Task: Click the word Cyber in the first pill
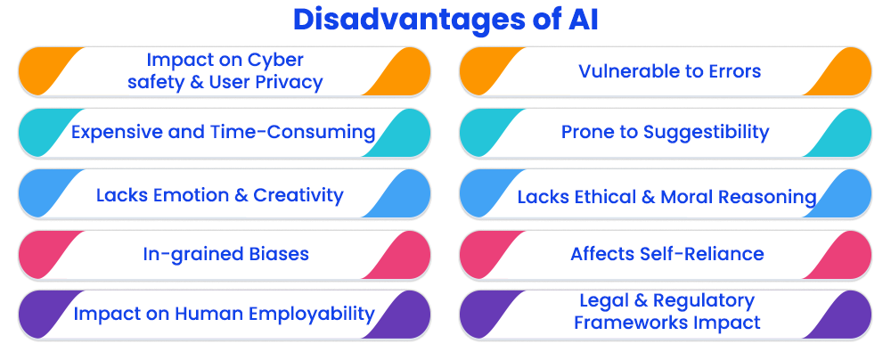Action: tap(277, 60)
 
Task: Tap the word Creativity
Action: tap(298, 196)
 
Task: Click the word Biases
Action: tap(277, 254)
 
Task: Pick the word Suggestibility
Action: tap(706, 133)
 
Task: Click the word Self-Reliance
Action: tap(707, 254)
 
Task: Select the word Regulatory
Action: tap(704, 301)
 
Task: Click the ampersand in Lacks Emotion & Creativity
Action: tap(241, 196)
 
